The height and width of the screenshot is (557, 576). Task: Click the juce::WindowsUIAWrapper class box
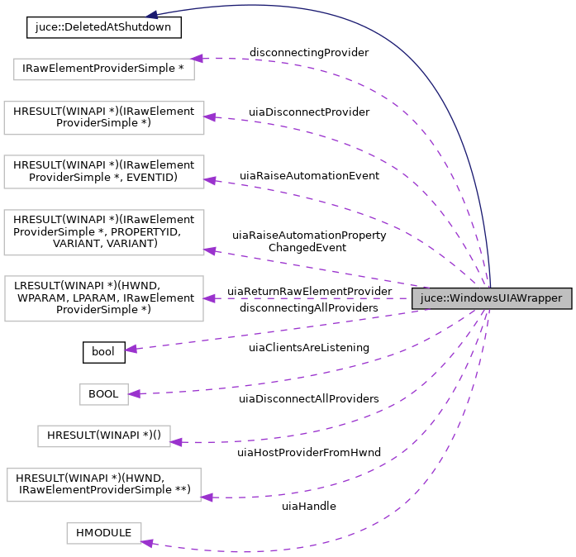point(491,298)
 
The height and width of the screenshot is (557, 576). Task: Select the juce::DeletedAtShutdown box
point(104,27)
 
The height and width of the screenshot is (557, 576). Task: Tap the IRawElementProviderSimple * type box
point(104,69)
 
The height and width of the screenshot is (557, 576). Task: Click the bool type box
point(103,351)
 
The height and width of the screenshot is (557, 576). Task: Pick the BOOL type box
point(104,394)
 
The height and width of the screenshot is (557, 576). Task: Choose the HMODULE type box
point(104,533)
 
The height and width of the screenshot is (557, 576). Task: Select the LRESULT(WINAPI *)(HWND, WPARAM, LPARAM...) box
point(104,298)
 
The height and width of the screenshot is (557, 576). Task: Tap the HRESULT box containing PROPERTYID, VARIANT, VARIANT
point(104,231)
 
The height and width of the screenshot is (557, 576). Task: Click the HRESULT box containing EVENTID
point(104,170)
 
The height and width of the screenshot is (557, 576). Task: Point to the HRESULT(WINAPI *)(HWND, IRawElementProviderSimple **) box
point(104,483)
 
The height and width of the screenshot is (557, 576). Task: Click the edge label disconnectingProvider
point(309,52)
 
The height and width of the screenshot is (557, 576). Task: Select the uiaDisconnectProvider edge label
point(309,112)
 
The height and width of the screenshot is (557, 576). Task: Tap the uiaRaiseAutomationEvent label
point(309,176)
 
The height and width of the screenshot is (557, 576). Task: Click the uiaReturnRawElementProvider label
point(309,291)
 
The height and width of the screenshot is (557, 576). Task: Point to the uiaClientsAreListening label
point(309,348)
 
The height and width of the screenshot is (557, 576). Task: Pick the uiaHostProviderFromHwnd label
point(309,452)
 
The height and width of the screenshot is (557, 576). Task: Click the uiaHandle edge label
point(309,506)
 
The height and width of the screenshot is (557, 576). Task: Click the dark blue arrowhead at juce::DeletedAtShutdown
point(152,15)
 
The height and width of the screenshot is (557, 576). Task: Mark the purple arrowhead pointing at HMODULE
point(146,542)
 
